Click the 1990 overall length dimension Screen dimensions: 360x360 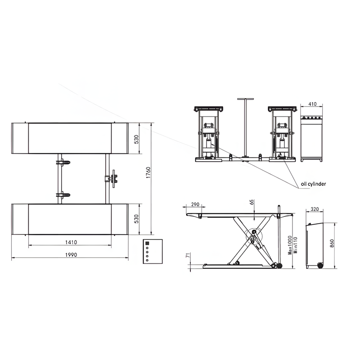[x=71, y=255]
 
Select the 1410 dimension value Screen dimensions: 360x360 [x=71, y=242]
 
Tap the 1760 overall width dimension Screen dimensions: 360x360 [x=148, y=173]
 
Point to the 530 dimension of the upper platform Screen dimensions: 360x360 [x=136, y=139]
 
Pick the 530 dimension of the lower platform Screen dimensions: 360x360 [x=136, y=219]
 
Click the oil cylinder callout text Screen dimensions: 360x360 [x=313, y=184]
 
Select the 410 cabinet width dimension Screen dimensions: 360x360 [x=312, y=104]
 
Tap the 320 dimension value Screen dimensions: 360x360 [x=315, y=209]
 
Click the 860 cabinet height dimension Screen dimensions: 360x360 [x=332, y=243]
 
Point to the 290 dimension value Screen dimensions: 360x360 [x=195, y=204]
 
